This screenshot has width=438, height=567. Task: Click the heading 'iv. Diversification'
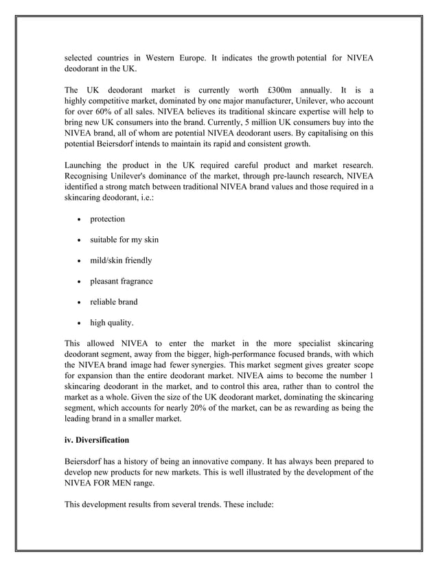102,440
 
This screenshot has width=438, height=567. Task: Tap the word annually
314,90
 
